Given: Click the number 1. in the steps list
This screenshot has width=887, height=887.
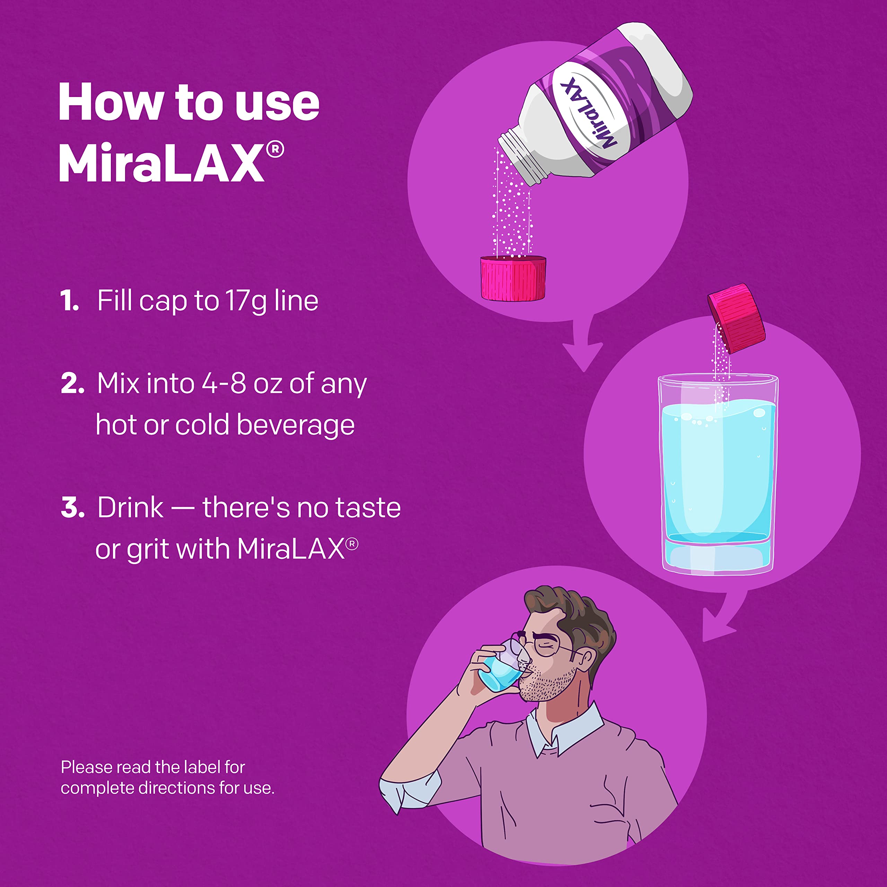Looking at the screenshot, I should [x=69, y=302].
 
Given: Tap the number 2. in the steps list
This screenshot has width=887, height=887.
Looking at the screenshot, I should [x=72, y=384].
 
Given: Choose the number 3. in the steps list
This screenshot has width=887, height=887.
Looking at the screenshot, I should [x=72, y=508].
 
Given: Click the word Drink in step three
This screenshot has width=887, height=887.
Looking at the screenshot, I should [x=130, y=508].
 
